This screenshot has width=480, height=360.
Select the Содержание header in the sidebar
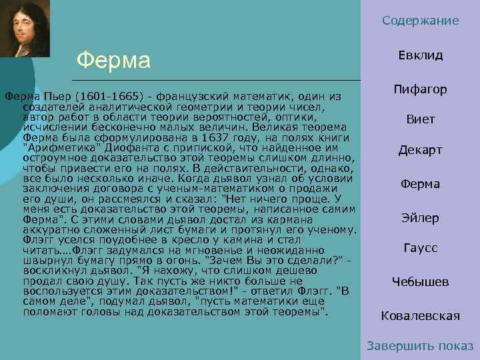[x=421, y=21]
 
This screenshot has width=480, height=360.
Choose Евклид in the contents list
[x=421, y=55]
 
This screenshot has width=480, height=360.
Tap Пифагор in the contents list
[x=421, y=89]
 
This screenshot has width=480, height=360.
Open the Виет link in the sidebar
[x=421, y=120]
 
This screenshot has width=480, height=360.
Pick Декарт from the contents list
[x=421, y=150]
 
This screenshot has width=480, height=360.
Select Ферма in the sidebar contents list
[x=421, y=184]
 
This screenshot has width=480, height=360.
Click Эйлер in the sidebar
[x=421, y=218]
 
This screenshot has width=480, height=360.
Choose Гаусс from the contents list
[x=421, y=249]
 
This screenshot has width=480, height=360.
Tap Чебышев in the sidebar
[x=421, y=282]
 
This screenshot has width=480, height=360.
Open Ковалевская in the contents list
[x=421, y=315]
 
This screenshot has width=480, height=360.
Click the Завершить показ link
[x=421, y=346]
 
